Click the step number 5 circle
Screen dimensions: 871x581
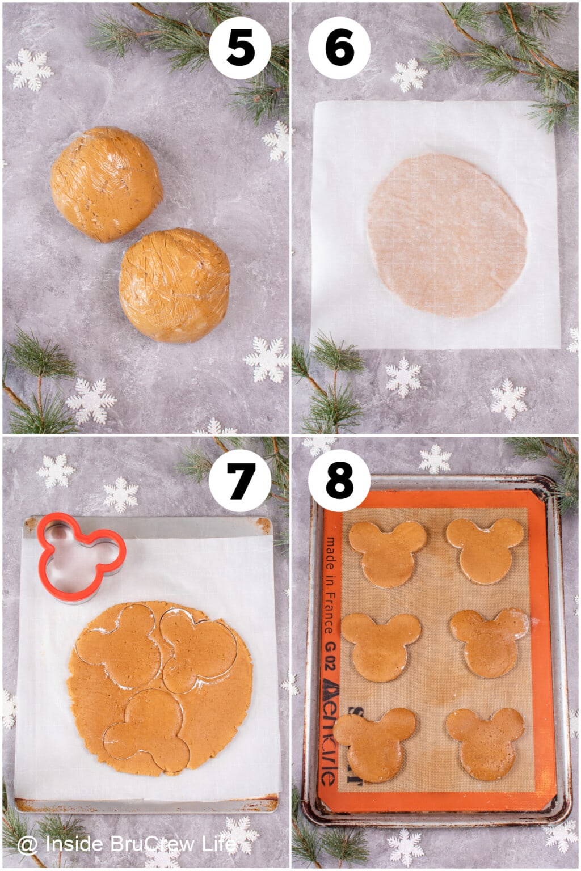240,48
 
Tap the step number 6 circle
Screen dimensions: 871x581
339,48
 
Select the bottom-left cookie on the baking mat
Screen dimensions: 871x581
375,743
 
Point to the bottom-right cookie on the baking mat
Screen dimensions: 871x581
486,742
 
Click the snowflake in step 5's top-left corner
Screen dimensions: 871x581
30,69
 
